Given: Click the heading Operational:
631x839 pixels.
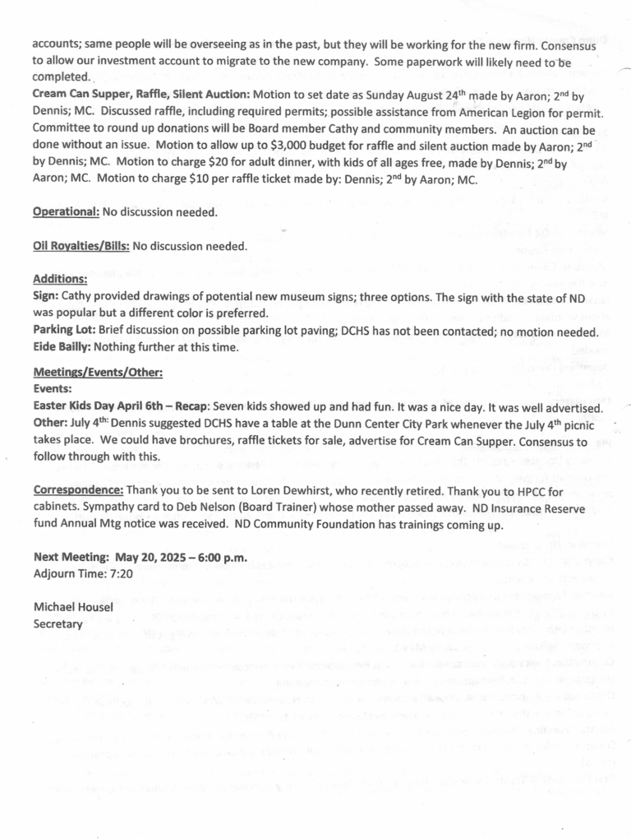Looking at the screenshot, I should point(66,212).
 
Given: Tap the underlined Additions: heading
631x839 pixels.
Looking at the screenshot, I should point(60,279).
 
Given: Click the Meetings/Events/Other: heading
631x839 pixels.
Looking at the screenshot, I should point(97,373).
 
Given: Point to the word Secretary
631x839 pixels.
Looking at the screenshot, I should point(58,623).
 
